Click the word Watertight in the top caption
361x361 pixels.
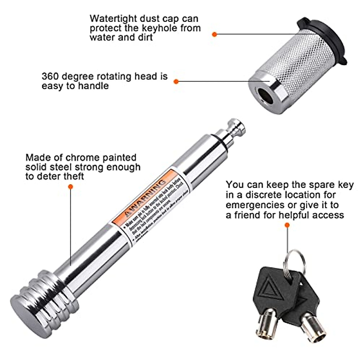click(x=113, y=19)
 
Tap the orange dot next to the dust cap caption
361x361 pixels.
click(x=214, y=35)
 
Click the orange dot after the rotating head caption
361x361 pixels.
click(x=176, y=81)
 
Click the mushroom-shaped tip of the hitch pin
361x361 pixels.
click(x=236, y=125)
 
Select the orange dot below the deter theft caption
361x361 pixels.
click(x=71, y=187)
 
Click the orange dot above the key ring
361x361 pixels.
click(x=287, y=225)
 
